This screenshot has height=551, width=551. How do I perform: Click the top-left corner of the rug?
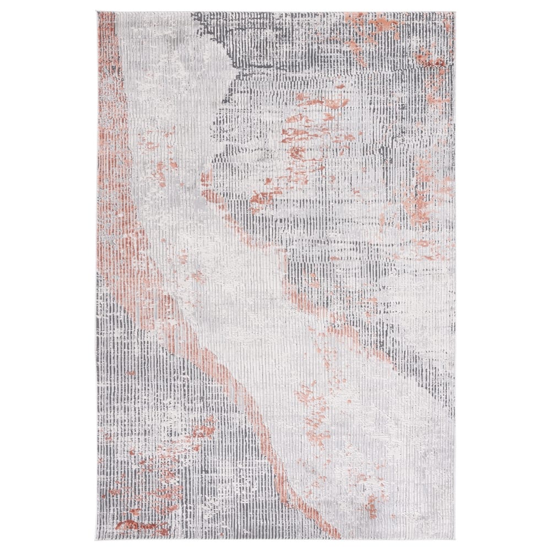coord(97,12)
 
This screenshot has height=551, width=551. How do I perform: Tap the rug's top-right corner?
coord(455,12)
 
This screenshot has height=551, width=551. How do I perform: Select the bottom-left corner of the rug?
coord(97,539)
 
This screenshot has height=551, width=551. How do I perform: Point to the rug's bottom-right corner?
coord(455,539)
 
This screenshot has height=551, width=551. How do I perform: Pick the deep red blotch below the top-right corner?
coord(433,58)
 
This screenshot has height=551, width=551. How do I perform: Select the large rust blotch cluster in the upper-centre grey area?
coord(309,135)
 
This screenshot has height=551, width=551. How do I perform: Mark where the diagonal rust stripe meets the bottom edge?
coord(325,532)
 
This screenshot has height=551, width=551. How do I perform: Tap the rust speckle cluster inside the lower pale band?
coord(314,419)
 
